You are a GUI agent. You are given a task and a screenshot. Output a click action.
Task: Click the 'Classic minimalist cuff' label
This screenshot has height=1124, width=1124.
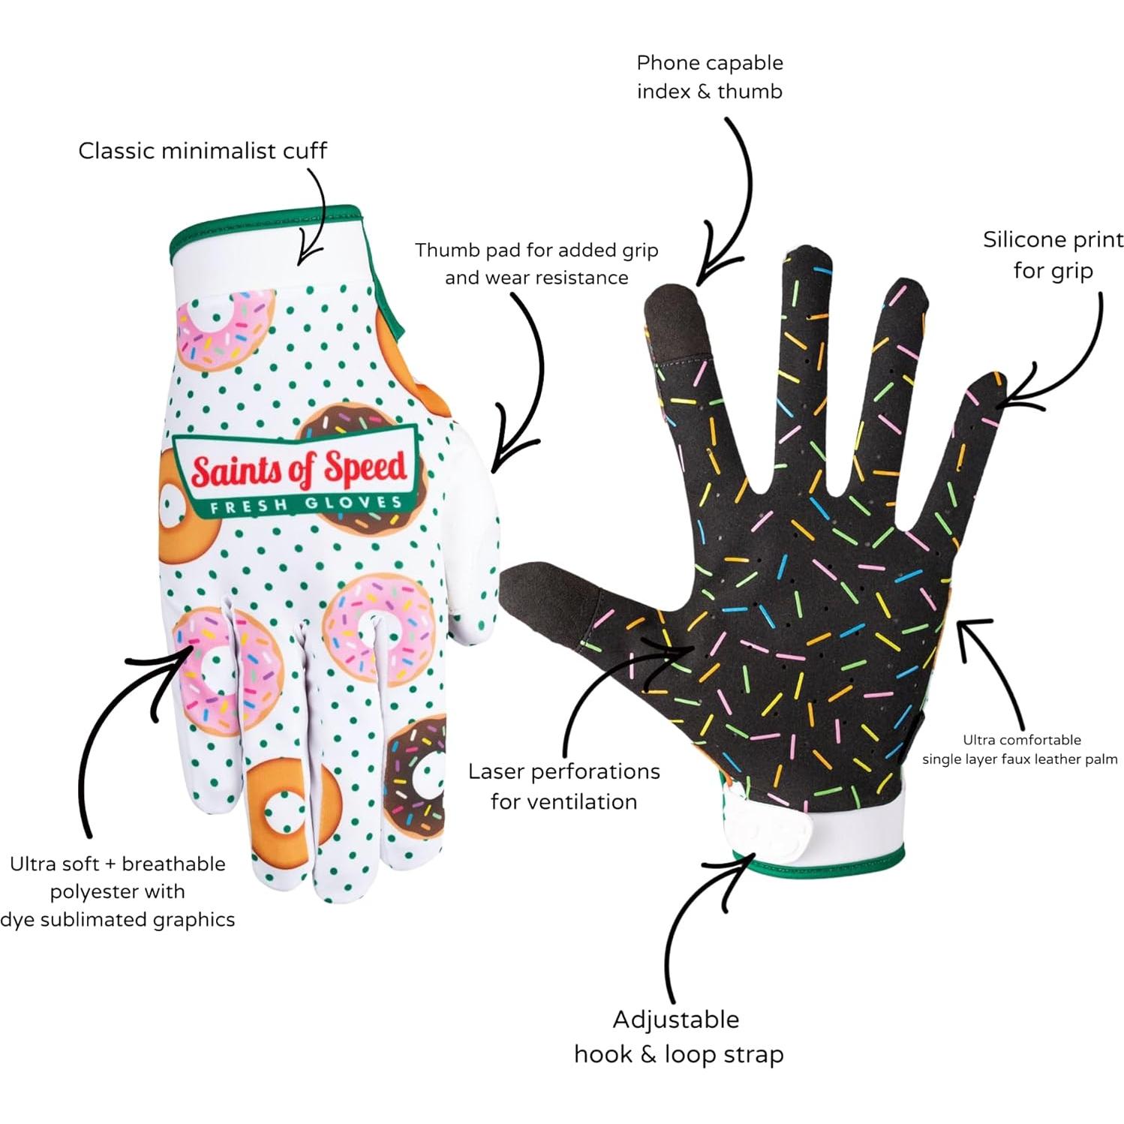203,151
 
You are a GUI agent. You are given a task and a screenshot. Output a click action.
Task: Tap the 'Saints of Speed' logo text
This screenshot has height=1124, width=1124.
299,469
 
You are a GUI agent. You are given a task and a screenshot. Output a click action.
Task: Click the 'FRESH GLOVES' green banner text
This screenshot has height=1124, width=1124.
305,504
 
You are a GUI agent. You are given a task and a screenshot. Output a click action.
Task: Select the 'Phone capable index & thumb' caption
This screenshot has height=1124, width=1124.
709,77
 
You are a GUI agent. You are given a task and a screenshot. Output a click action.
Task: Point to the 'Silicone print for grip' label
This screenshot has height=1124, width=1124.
1053,254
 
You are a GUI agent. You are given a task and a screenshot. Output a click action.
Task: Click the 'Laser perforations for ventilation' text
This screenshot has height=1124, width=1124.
564,786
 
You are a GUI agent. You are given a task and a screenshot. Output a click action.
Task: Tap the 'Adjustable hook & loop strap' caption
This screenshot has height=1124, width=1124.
678,1036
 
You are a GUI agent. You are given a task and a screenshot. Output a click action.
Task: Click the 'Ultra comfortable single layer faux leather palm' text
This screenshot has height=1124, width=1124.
1020,750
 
